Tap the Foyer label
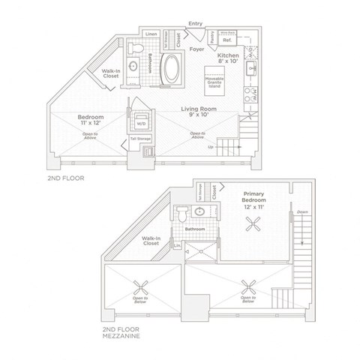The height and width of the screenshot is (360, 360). [198, 50]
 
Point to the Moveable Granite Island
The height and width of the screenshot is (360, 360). [213, 79]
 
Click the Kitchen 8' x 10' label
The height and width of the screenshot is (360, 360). [228, 59]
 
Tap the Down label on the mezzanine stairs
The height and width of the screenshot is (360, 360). [302, 212]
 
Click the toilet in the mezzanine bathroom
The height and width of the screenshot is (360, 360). [183, 215]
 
